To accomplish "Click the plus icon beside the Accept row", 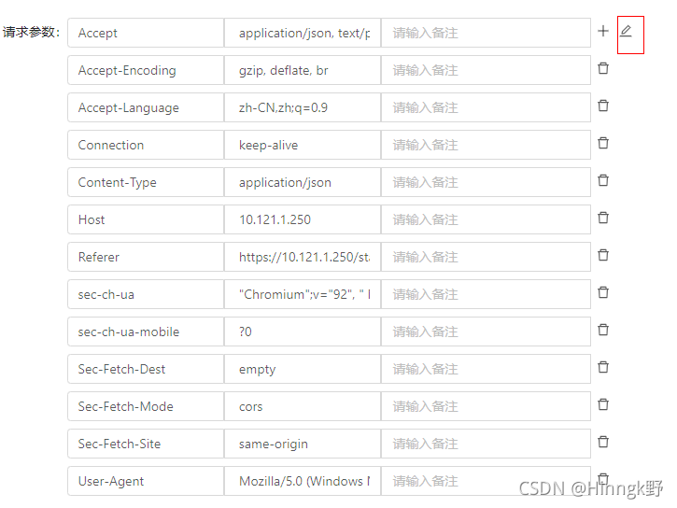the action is point(603,31).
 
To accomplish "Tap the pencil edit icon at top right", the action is point(626,31).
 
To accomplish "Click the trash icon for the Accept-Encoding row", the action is point(603,68).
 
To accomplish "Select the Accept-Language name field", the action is point(146,107).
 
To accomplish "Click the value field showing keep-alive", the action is point(302,145).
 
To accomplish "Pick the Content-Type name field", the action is point(146,182).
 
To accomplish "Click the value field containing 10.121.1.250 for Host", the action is point(302,219).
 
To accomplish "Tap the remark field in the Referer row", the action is point(486,257).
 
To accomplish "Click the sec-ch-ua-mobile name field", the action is point(146,332).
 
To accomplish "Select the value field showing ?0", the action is point(302,332).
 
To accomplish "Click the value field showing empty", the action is point(302,369).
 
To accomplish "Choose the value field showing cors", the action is point(302,406).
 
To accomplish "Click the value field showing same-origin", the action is point(302,444).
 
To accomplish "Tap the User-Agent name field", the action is point(146,481).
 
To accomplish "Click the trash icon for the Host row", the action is point(603,218).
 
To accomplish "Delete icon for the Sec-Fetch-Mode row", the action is point(603,404).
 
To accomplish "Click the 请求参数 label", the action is point(32,33).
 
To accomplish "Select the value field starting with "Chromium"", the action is point(302,294).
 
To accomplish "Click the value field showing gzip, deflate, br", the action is point(302,70).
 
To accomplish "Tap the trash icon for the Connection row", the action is point(603,143).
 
